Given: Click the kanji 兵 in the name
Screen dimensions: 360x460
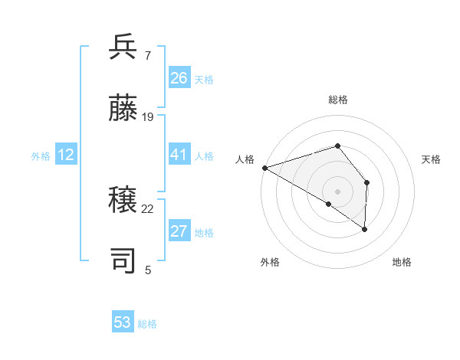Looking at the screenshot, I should point(123,47).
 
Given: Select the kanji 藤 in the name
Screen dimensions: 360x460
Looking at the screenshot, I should point(123,108).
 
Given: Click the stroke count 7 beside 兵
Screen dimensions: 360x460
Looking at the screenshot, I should point(147,55).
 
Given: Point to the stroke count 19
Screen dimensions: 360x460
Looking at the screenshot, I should point(148,116).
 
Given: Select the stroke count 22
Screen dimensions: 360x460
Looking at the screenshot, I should point(148,208).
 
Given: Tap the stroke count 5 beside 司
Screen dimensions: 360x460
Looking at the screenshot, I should point(148,270).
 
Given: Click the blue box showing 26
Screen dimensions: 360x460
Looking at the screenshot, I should point(179,78).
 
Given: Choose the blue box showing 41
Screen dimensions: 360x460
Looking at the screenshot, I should point(179,155).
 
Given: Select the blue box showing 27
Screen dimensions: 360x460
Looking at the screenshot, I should point(179,231).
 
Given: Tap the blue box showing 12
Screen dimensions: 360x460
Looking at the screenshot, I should point(66,155).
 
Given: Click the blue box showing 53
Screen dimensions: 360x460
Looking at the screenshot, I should point(123,322).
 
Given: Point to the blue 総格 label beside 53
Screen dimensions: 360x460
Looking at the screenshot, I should point(147,324).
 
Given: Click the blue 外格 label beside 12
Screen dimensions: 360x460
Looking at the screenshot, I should point(41,156).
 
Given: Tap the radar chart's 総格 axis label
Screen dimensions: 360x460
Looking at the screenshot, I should point(337,100).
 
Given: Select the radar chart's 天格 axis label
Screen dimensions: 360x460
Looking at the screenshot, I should point(432,159).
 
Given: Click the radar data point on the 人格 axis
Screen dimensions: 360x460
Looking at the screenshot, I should point(264,167).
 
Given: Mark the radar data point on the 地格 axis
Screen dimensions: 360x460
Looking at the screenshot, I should point(365,228).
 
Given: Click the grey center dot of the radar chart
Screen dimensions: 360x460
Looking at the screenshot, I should point(337,191).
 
